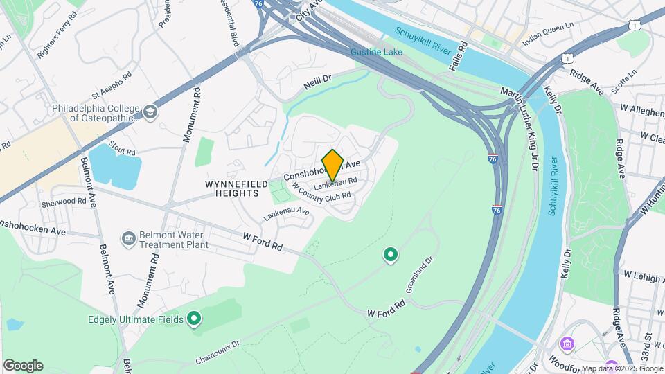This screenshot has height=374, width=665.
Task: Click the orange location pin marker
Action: point(332,165)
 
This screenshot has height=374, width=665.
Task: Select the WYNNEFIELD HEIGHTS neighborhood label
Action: point(231,188)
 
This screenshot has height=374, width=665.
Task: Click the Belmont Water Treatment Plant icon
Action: point(128,239)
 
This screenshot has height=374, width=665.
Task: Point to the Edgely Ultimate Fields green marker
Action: point(195,319)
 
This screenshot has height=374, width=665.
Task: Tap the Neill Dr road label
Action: point(318,84)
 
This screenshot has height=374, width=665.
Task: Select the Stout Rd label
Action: point(121,150)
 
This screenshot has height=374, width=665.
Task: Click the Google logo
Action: point(23,366)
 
